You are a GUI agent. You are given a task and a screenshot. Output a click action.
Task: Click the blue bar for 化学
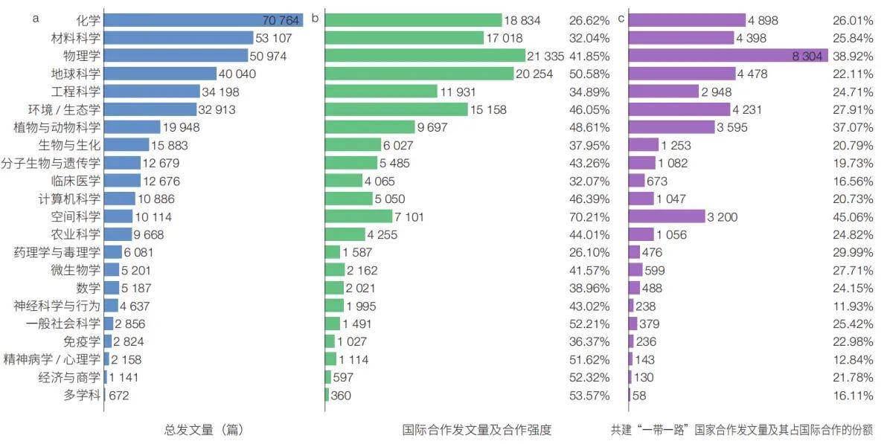click(x=202, y=20)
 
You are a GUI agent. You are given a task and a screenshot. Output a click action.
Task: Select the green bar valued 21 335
click(x=425, y=56)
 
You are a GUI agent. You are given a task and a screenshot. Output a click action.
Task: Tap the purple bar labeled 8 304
click(x=728, y=56)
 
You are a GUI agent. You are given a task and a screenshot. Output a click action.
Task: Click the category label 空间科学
click(x=76, y=216)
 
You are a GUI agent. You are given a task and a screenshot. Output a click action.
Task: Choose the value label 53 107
click(x=276, y=38)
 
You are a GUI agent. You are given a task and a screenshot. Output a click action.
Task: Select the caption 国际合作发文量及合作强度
click(x=477, y=429)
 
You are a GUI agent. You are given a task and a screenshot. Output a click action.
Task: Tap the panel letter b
click(x=315, y=19)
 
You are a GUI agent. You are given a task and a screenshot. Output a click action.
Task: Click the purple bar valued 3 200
click(x=666, y=216)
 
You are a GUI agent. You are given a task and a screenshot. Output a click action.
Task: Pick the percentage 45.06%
click(x=852, y=216)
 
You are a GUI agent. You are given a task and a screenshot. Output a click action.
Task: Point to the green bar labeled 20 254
click(x=419, y=74)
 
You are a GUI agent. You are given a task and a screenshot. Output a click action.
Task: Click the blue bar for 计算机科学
click(x=119, y=199)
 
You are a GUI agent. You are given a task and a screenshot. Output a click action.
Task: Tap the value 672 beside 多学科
click(x=119, y=395)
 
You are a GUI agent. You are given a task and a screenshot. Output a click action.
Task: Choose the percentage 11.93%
click(x=852, y=306)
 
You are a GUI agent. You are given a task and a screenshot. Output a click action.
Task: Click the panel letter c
click(x=621, y=19)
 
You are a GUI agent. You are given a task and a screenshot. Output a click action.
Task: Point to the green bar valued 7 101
click(x=358, y=216)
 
